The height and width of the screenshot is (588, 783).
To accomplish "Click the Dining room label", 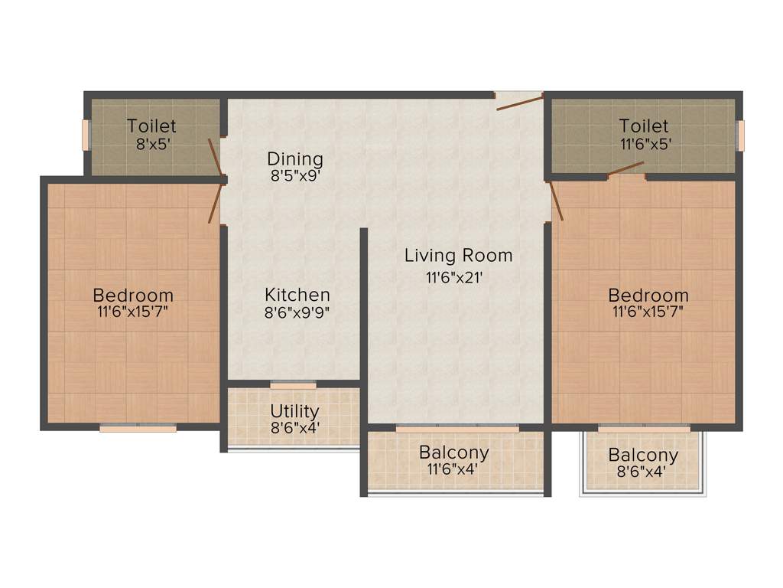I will pyautogui.click(x=295, y=159).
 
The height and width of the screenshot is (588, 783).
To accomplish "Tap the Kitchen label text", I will pyautogui.click(x=297, y=295).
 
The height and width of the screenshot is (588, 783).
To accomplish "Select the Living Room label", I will pyautogui.click(x=458, y=256).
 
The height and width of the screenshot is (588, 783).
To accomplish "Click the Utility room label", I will pyautogui.click(x=294, y=412).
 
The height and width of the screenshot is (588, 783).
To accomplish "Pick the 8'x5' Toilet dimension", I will pyautogui.click(x=151, y=143).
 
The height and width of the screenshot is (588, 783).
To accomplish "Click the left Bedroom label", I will pyautogui.click(x=133, y=296).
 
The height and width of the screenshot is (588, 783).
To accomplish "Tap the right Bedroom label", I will pyautogui.click(x=648, y=296).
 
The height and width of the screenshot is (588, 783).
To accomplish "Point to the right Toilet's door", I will pyautogui.click(x=626, y=169).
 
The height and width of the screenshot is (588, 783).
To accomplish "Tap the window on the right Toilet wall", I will pyautogui.click(x=739, y=136).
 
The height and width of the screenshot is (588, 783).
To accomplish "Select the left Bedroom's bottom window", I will pyautogui.click(x=138, y=428).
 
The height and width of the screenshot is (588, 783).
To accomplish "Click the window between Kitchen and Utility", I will pyautogui.click(x=293, y=384).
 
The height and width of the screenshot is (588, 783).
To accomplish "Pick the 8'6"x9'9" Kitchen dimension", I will pyautogui.click(x=297, y=313).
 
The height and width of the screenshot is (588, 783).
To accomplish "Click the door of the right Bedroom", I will pyautogui.click(x=556, y=201).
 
